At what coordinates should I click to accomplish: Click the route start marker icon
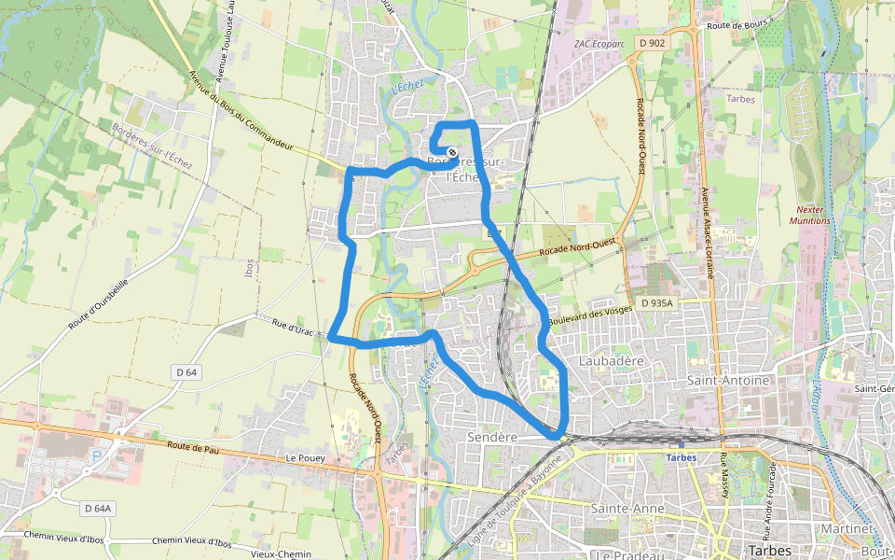[x=451, y=153]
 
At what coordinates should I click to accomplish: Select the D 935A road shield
[x=656, y=303]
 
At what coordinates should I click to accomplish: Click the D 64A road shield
[x=97, y=509]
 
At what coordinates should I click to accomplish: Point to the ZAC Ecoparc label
[x=599, y=43]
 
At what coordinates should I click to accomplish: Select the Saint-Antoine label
[x=728, y=381]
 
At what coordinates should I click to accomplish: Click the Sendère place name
[x=491, y=437]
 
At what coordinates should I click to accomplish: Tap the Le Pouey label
[x=304, y=458]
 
